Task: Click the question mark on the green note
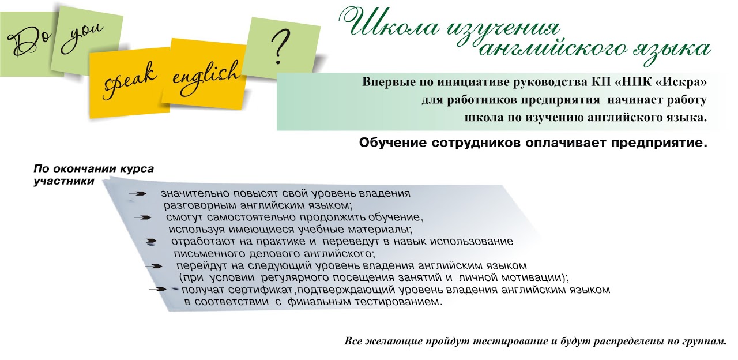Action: coord(280,46)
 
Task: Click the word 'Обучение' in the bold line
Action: coord(393,143)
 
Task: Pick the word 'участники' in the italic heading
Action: coord(64,181)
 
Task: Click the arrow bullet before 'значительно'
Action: coord(137,194)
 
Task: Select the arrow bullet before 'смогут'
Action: coord(142,217)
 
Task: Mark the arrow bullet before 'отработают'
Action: coord(148,242)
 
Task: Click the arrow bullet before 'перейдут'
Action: coord(153,267)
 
